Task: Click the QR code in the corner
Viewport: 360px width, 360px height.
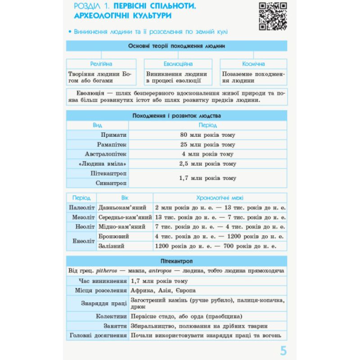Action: pos(273,16)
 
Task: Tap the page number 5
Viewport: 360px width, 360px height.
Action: pos(283,351)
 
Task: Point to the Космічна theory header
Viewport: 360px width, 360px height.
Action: pos(253,64)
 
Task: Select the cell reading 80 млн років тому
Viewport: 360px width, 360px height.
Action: pos(207,135)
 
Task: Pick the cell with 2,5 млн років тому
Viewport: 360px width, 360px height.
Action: pos(207,164)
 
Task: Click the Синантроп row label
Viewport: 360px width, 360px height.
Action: pos(112,183)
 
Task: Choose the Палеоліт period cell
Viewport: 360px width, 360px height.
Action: pos(81,207)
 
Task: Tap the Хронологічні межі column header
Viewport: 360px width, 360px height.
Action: pos(220,198)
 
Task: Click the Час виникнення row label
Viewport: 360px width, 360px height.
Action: pos(103,281)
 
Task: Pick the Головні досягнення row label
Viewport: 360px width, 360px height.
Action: pos(98,335)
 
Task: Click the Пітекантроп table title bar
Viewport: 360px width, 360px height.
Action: pos(176,261)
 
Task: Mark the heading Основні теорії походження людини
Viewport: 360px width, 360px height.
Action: pos(176,46)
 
